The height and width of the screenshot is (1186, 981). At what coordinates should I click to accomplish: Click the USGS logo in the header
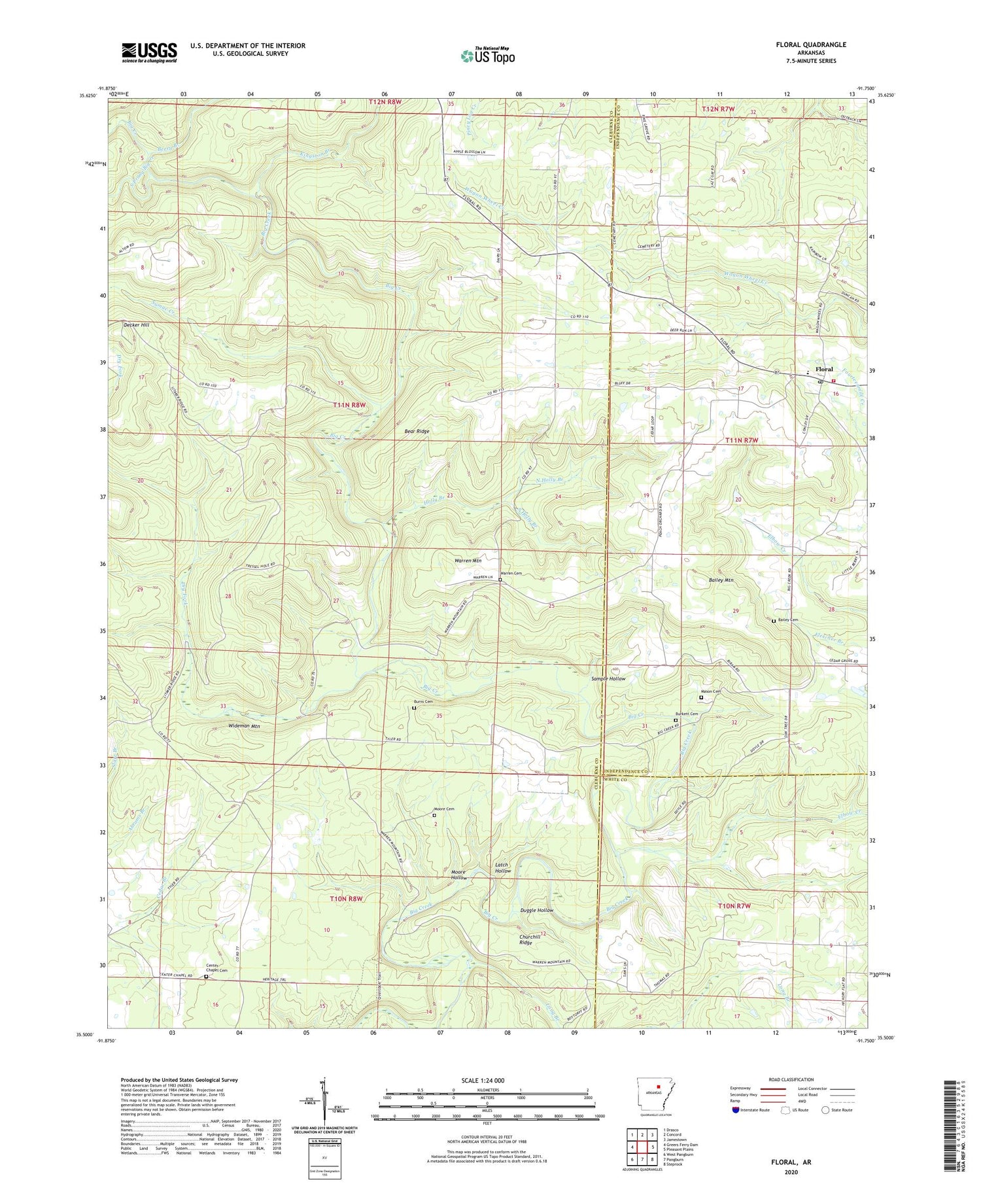149,52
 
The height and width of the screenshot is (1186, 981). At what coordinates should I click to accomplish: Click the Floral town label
824,370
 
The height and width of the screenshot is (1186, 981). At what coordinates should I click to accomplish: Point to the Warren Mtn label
468,561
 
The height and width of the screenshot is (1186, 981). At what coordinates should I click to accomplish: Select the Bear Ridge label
417,432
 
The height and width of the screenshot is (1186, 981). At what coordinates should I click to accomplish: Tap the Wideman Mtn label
242,726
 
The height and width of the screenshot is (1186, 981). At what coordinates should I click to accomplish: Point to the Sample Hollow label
609,679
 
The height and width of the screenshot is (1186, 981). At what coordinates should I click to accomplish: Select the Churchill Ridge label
530,940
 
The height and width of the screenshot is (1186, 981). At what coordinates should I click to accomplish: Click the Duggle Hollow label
536,911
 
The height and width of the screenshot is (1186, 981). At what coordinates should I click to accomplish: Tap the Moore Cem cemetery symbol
434,816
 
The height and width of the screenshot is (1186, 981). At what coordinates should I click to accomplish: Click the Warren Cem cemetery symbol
500,580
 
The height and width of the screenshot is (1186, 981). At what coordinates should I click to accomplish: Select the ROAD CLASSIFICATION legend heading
791,1079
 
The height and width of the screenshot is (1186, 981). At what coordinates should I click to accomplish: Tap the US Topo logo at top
487,56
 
